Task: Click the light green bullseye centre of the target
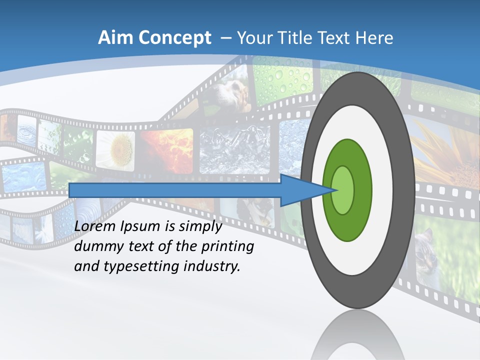(343, 190)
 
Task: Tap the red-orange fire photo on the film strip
(167, 147)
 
